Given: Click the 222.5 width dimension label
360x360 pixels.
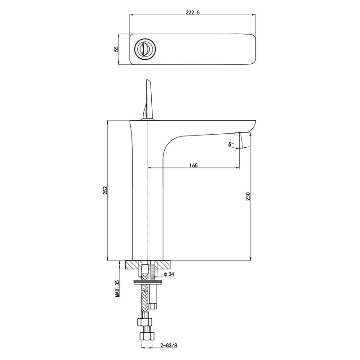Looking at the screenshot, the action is point(193,13).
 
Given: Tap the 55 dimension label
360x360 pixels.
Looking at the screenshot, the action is point(116,49).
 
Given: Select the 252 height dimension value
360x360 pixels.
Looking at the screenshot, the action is point(105,190).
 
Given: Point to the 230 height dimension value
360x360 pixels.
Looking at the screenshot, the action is point(248,197).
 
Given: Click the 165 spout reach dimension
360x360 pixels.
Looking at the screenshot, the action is point(193,165).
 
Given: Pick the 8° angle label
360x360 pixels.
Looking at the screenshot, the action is point(231,144).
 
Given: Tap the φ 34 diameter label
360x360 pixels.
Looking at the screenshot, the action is point(169,274).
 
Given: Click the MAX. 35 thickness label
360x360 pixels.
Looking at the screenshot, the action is point(118,288).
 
